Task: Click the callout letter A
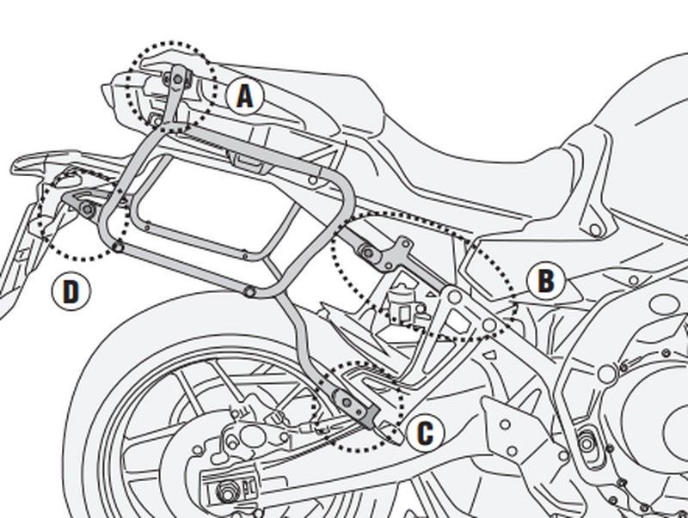pos(245,97)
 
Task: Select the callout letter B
pos(544,281)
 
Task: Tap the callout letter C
pos(424,434)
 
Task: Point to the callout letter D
pos(71,291)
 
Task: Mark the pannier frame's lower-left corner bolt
pos(117,248)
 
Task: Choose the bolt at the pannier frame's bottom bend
pos(249,292)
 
